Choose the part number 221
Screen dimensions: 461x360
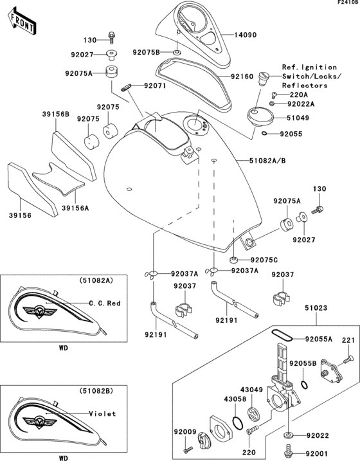coord(347,339)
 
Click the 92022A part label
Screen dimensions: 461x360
coord(302,103)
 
